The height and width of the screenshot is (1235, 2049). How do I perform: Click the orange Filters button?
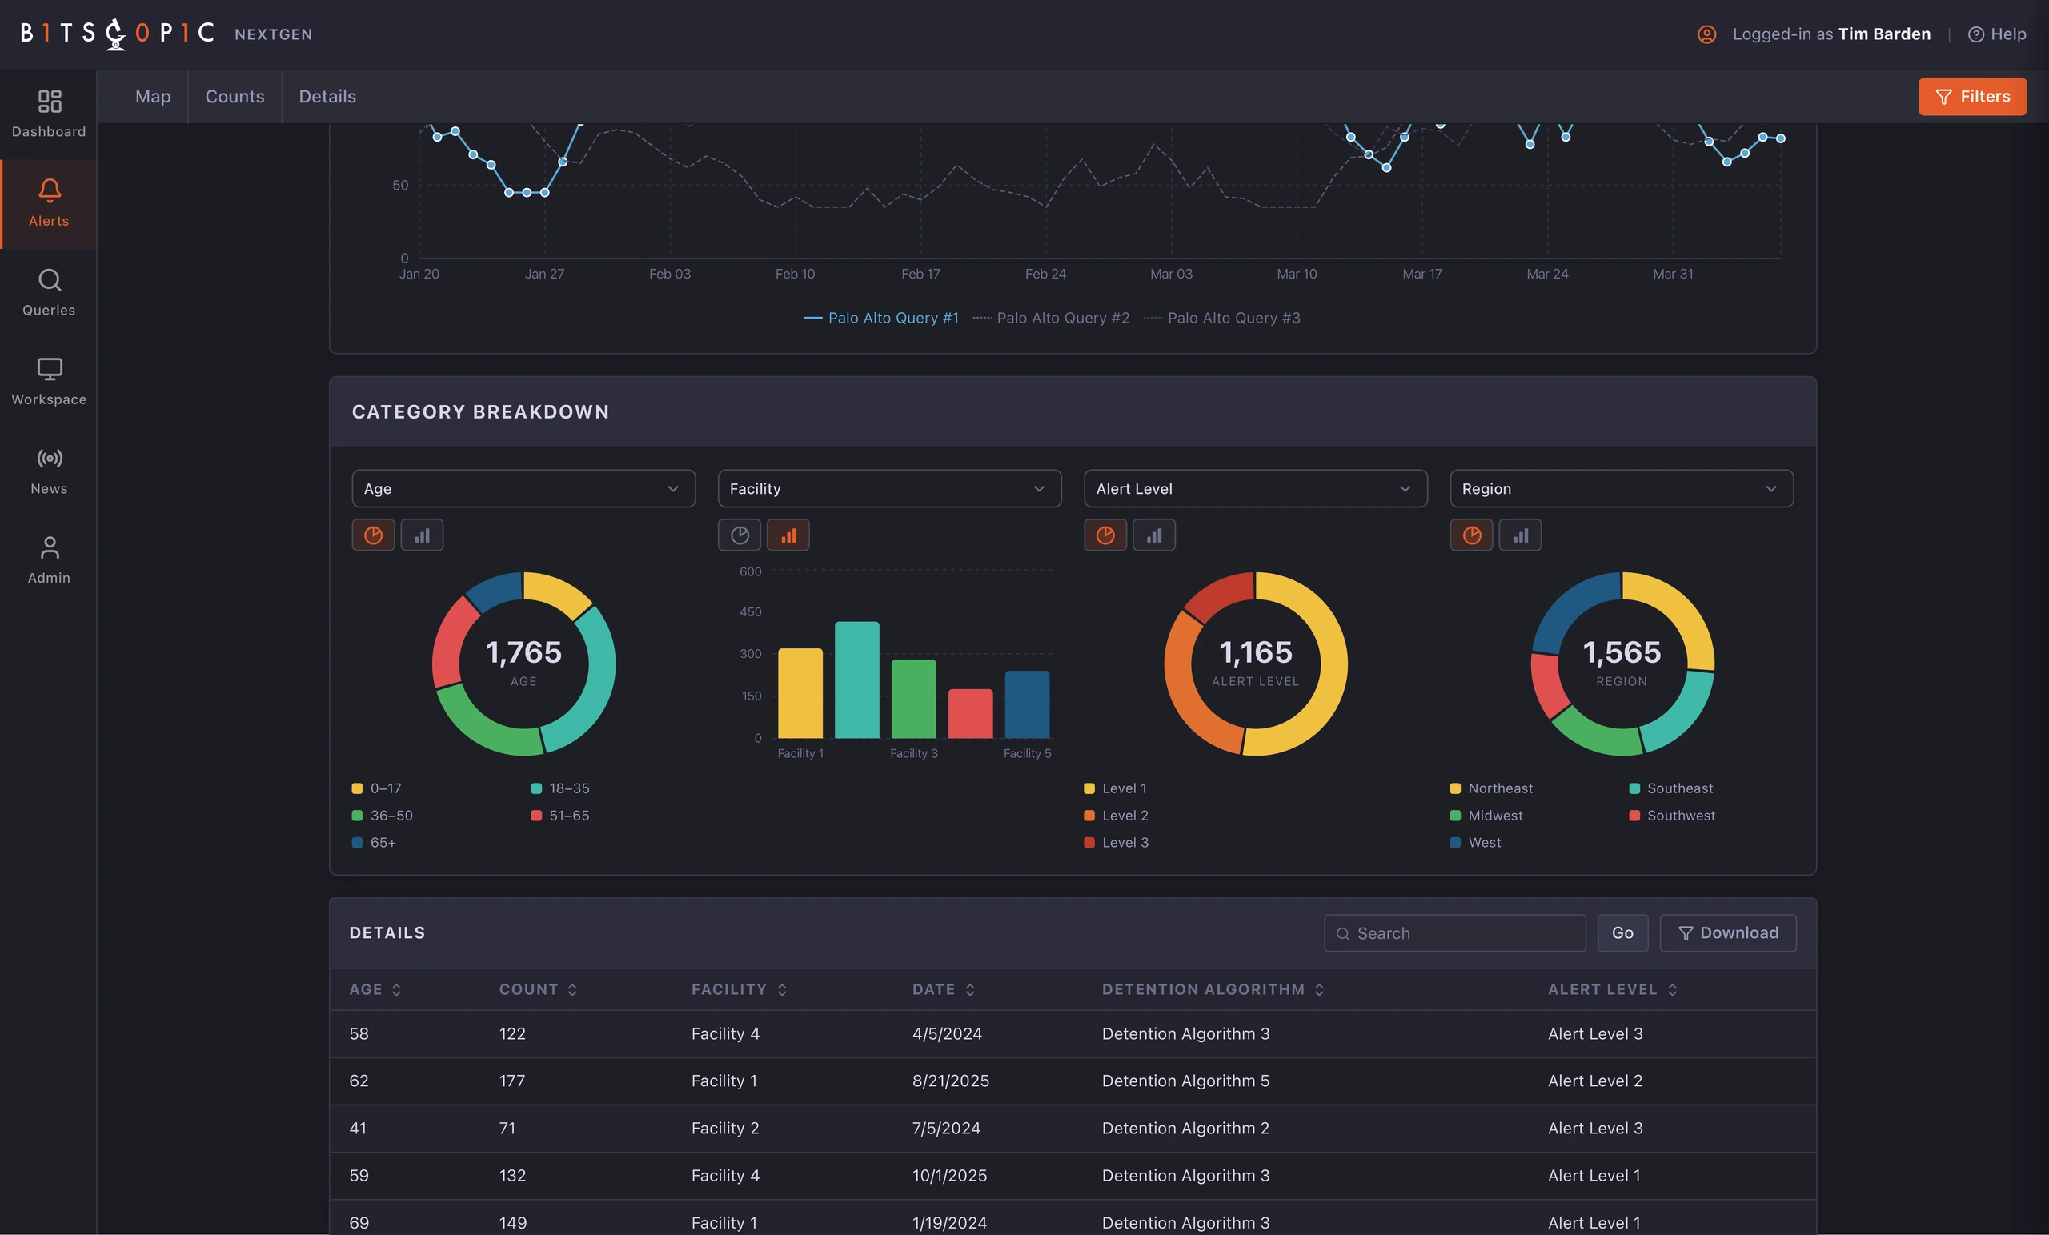tap(1971, 97)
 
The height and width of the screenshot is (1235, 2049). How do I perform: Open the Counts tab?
tap(235, 97)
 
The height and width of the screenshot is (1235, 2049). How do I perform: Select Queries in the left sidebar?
tap(49, 292)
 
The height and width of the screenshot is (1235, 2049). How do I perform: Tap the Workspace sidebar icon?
tap(49, 368)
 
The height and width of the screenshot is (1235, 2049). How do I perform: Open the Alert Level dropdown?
tap(1255, 488)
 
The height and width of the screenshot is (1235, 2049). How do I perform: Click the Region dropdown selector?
tap(1621, 488)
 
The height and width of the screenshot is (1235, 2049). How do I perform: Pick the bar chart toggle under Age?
tap(423, 535)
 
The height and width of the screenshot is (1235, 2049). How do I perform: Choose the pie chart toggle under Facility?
tap(740, 535)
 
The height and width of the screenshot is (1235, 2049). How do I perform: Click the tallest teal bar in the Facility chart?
tap(856, 680)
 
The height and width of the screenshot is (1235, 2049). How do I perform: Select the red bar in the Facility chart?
tap(970, 714)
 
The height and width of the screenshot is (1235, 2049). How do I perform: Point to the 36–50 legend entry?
tap(383, 815)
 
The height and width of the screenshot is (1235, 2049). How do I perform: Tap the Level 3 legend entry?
tap(1116, 843)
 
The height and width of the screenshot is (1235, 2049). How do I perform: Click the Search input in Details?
tap(1454, 933)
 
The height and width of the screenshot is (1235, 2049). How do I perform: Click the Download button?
tap(1727, 933)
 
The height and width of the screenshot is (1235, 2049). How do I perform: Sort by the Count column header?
tap(538, 988)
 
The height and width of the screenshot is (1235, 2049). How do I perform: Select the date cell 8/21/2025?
tap(951, 1081)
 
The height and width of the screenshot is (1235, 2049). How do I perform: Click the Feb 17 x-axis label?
tap(920, 274)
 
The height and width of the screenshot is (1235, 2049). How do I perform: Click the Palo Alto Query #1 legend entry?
tap(880, 318)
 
